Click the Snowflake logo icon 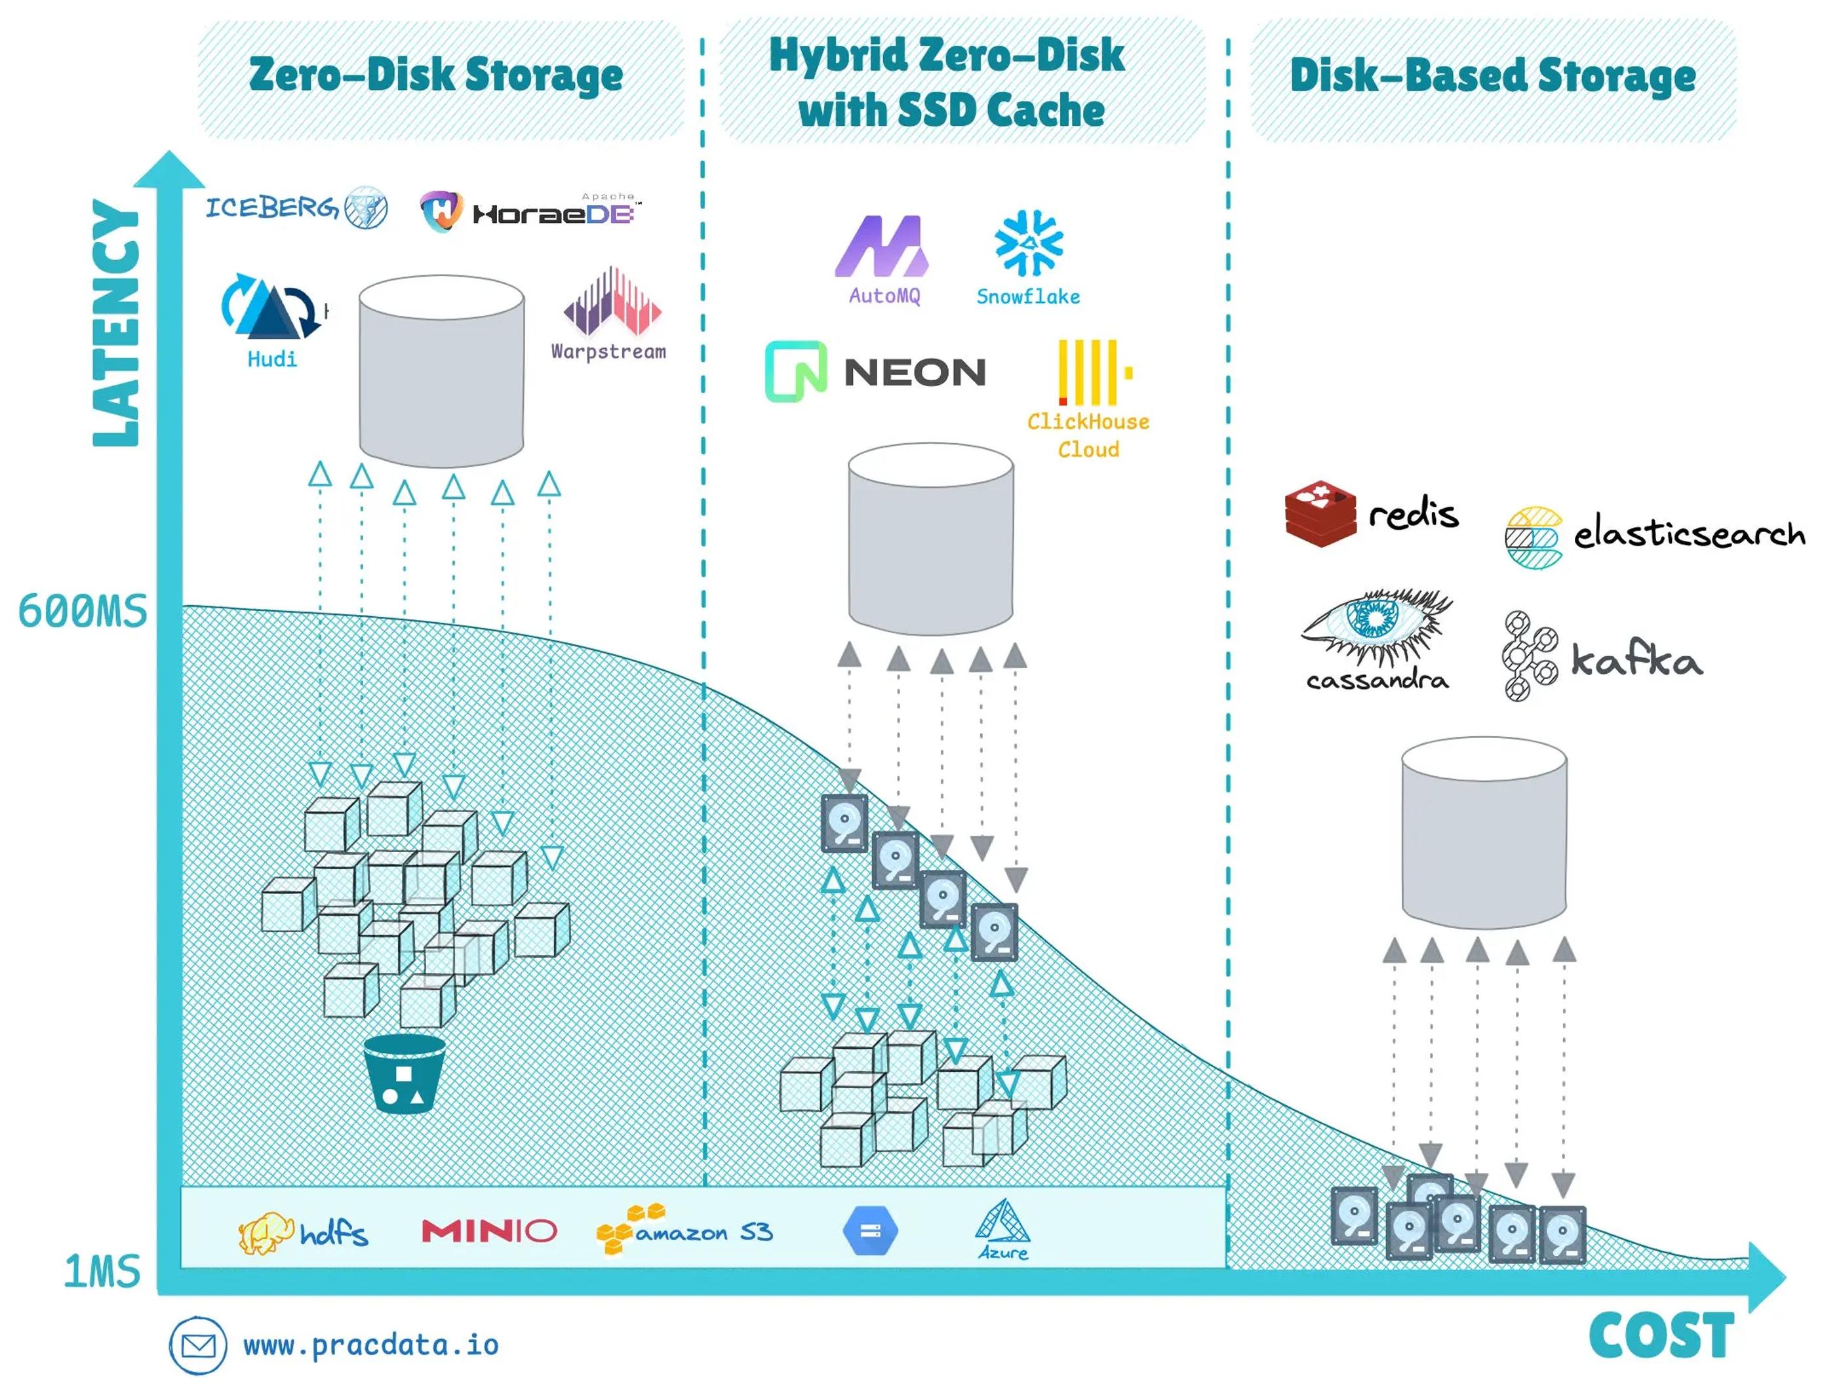click(1028, 242)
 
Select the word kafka click(1636, 660)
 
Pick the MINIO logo click(488, 1230)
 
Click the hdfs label click(334, 1234)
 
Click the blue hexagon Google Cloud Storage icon click(869, 1231)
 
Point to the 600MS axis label click(83, 612)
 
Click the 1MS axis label click(103, 1271)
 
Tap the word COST click(1661, 1335)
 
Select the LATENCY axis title click(116, 323)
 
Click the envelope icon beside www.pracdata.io click(198, 1346)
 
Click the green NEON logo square click(796, 371)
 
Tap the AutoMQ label click(884, 296)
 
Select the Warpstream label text click(608, 351)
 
